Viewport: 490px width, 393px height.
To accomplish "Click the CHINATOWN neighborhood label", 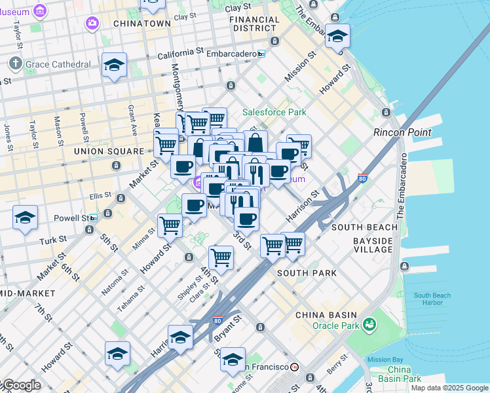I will [x=141, y=23].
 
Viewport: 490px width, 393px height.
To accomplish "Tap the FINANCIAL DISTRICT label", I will [x=254, y=24].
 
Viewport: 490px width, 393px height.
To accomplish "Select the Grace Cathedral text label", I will [x=58, y=64].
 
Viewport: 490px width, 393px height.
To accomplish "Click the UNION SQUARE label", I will [x=108, y=151].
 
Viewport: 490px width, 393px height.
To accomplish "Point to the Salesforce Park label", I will [x=274, y=112].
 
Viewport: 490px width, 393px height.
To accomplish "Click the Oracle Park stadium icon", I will [x=370, y=324].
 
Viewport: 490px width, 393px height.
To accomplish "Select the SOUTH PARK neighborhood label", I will [x=307, y=272].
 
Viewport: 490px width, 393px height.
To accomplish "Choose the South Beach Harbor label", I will [x=432, y=299].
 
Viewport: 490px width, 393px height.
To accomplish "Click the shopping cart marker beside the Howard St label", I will [x=170, y=225].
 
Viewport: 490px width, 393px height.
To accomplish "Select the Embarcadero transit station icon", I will [x=261, y=54].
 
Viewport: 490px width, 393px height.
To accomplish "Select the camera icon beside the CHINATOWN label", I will [x=92, y=24].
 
